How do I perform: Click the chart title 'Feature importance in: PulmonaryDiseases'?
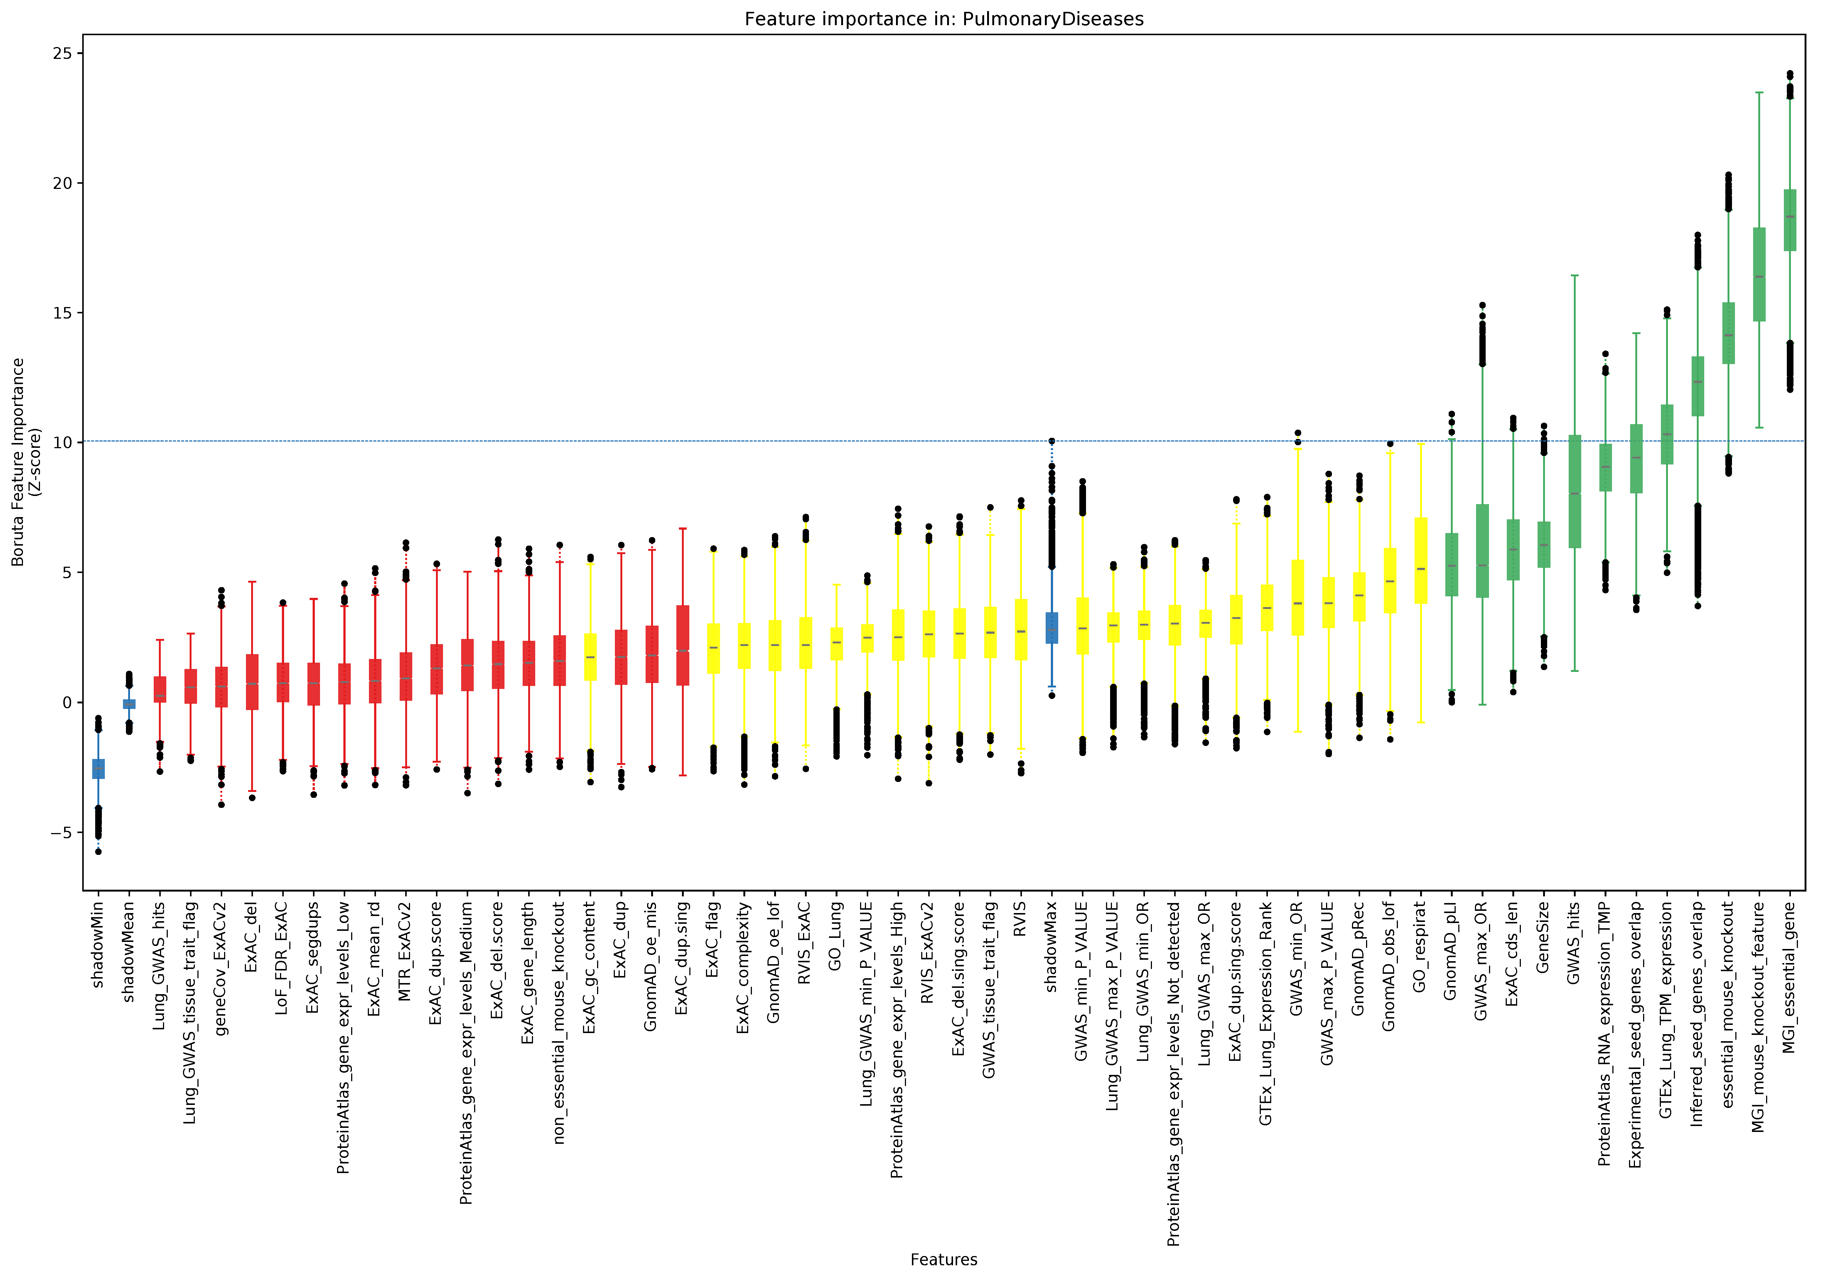pyautogui.click(x=943, y=19)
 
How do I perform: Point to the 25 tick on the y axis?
pyautogui.click(x=63, y=53)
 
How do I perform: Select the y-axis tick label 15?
pyautogui.click(x=63, y=313)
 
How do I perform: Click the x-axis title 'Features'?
pyautogui.click(x=943, y=1259)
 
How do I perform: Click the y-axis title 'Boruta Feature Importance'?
pyautogui.click(x=17, y=462)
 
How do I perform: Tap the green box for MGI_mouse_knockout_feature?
pyautogui.click(x=1759, y=274)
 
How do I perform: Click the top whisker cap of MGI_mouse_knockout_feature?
pyautogui.click(x=1759, y=93)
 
